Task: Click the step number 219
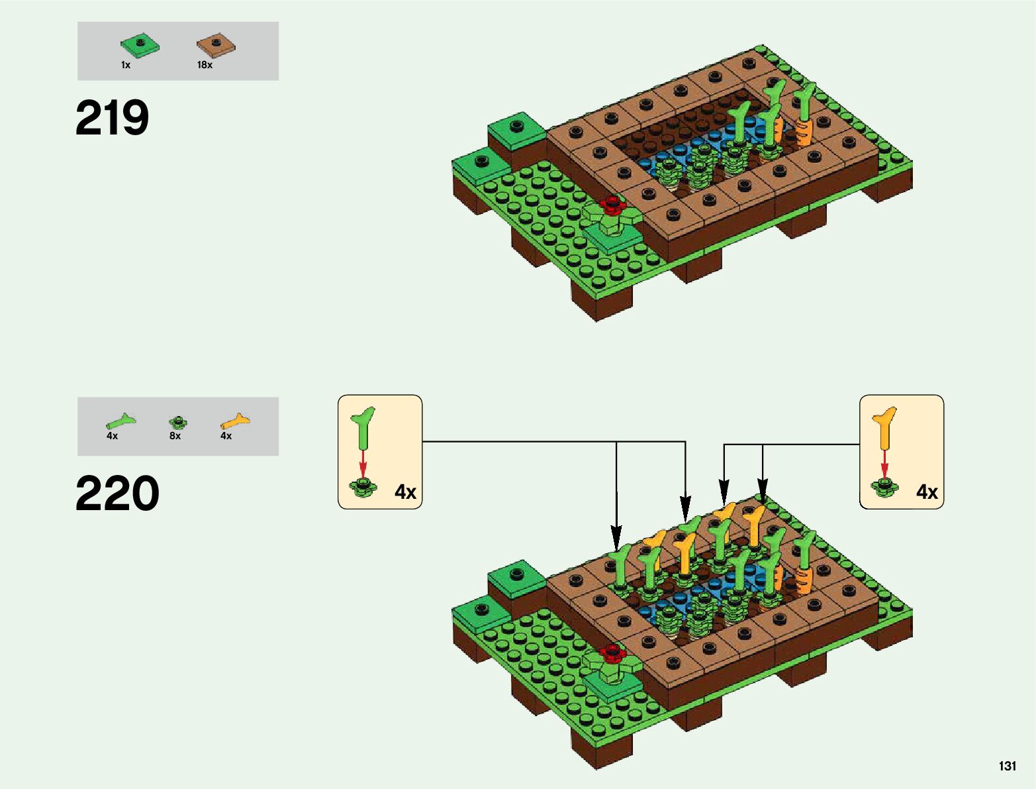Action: pyautogui.click(x=113, y=119)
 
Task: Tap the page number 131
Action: pyautogui.click(x=1007, y=766)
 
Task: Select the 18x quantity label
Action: pyautogui.click(x=205, y=65)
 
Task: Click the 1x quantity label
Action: pyautogui.click(x=126, y=65)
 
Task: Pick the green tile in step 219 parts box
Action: pyautogui.click(x=140, y=45)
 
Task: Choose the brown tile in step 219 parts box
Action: pyautogui.click(x=216, y=45)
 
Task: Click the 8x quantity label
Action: pyautogui.click(x=175, y=436)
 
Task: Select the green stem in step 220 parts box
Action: pyautogui.click(x=120, y=421)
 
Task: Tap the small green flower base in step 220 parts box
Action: pyautogui.click(x=177, y=421)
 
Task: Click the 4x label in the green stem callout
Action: pyautogui.click(x=405, y=492)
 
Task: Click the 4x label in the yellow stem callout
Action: pyautogui.click(x=927, y=492)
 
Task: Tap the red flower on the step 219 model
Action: pyautogui.click(x=612, y=205)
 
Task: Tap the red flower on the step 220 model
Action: pyautogui.click(x=612, y=653)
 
